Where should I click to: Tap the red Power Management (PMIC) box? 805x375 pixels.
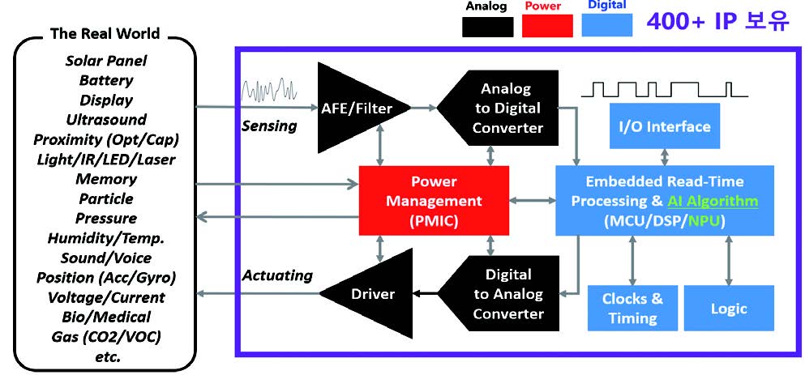coord(434,201)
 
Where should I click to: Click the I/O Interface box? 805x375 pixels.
coord(664,126)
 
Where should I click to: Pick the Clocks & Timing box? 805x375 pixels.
coord(632,308)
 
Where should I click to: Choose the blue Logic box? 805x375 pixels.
coord(728,308)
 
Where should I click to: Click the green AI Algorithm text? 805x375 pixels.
coord(713,201)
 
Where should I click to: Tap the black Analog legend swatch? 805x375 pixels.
coord(488,26)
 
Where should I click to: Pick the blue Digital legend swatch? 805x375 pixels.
coord(607,26)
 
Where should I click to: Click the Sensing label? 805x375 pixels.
coord(269,126)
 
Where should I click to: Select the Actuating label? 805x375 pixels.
coord(277,275)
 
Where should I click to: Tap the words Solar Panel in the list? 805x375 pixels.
coord(106,61)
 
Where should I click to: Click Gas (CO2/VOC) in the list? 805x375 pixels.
coord(106,336)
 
